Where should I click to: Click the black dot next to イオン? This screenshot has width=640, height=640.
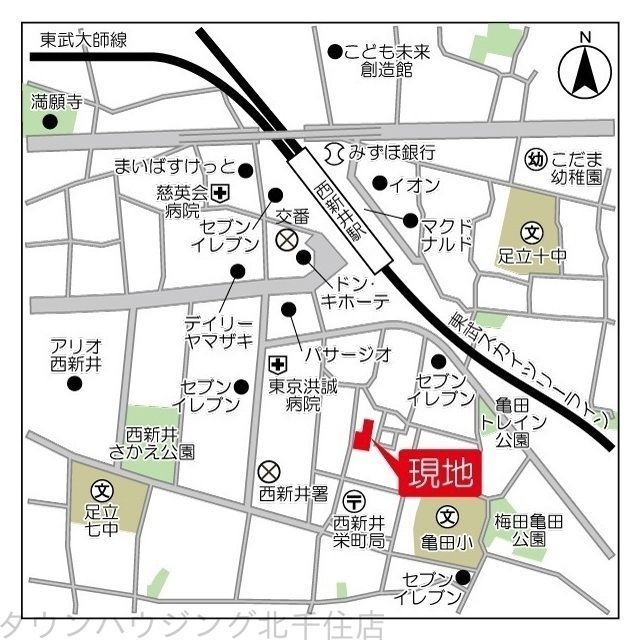click(x=379, y=183)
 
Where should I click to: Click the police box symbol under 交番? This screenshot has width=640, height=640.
click(x=287, y=239)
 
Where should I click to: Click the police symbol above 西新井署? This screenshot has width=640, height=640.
click(x=269, y=470)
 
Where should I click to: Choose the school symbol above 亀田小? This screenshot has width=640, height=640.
click(x=447, y=518)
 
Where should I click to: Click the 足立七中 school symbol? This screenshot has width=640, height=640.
click(x=101, y=490)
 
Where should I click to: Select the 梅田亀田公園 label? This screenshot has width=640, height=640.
click(x=527, y=530)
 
